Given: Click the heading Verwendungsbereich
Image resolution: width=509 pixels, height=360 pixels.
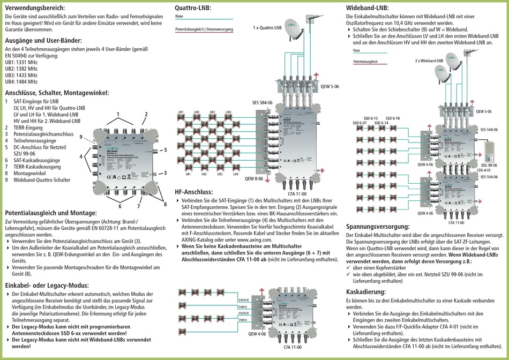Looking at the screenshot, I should pos(34,8).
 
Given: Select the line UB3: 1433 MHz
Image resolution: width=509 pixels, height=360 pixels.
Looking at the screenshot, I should pos(21,76).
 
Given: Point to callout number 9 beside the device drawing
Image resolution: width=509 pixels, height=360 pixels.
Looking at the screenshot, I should pos(81,138).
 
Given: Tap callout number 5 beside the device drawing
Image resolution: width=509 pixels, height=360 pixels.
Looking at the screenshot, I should pos(166,150).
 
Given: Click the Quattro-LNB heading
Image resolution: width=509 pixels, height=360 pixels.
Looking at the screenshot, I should pos(193,8).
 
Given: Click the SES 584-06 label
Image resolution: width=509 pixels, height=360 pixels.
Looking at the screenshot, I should pos(262,102).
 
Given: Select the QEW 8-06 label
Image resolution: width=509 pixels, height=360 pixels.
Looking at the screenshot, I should pos(254,177).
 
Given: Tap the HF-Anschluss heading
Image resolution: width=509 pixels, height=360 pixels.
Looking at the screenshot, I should pos(194,192).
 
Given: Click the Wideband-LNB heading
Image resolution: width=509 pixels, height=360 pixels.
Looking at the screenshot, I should pos(368,8).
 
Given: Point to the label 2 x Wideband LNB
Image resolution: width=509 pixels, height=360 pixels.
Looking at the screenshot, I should pos(429,61).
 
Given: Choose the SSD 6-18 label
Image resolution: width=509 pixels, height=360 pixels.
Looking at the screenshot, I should pos(392,118).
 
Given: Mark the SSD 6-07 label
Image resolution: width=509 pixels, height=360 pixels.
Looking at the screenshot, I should pos(360,123).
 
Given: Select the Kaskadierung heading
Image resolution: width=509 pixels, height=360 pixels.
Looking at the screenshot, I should pos(366,291).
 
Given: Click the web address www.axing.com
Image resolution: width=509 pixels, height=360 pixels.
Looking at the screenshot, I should pos(251,239).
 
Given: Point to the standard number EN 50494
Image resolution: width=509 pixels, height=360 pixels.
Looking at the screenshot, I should pos(17,55).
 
